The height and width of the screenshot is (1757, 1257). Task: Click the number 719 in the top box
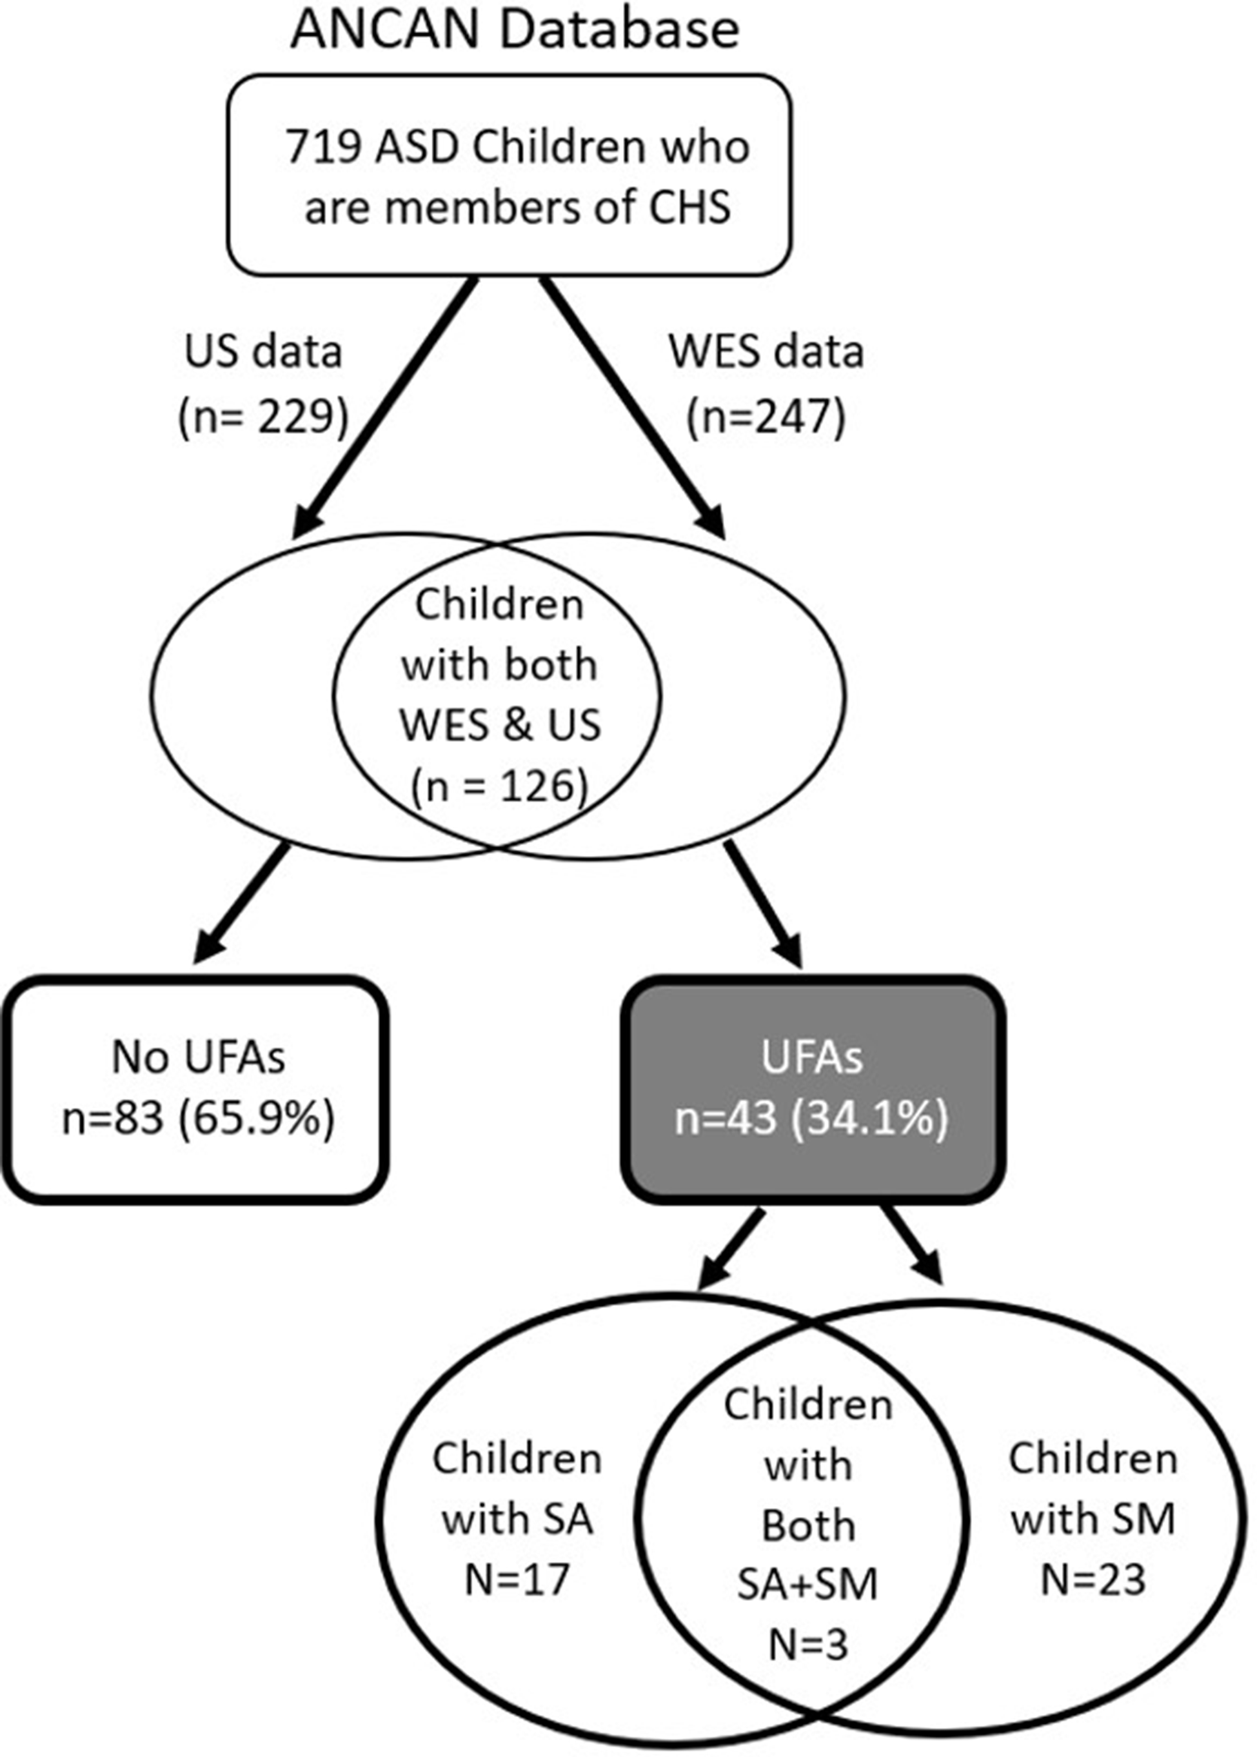(x=322, y=147)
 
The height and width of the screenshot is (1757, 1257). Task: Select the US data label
(x=263, y=352)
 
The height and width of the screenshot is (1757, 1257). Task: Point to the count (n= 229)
(x=263, y=418)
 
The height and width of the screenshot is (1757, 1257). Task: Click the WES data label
(x=766, y=352)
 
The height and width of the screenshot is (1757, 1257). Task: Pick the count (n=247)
(x=766, y=418)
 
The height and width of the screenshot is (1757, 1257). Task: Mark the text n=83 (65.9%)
(x=198, y=1118)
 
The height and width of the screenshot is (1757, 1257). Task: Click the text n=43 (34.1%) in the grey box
(x=811, y=1118)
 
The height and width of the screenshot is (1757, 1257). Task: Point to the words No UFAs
(x=198, y=1057)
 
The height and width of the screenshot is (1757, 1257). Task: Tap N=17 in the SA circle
(x=517, y=1579)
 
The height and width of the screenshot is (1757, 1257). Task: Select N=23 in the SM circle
(x=1093, y=1579)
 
